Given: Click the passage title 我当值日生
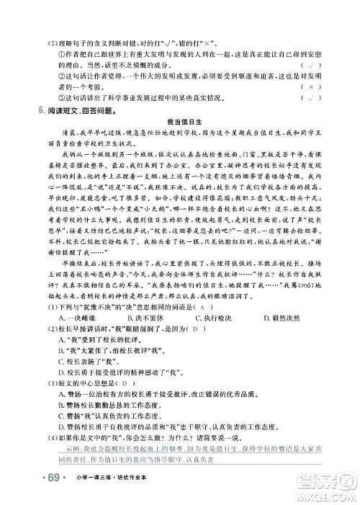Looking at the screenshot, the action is point(181,123).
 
